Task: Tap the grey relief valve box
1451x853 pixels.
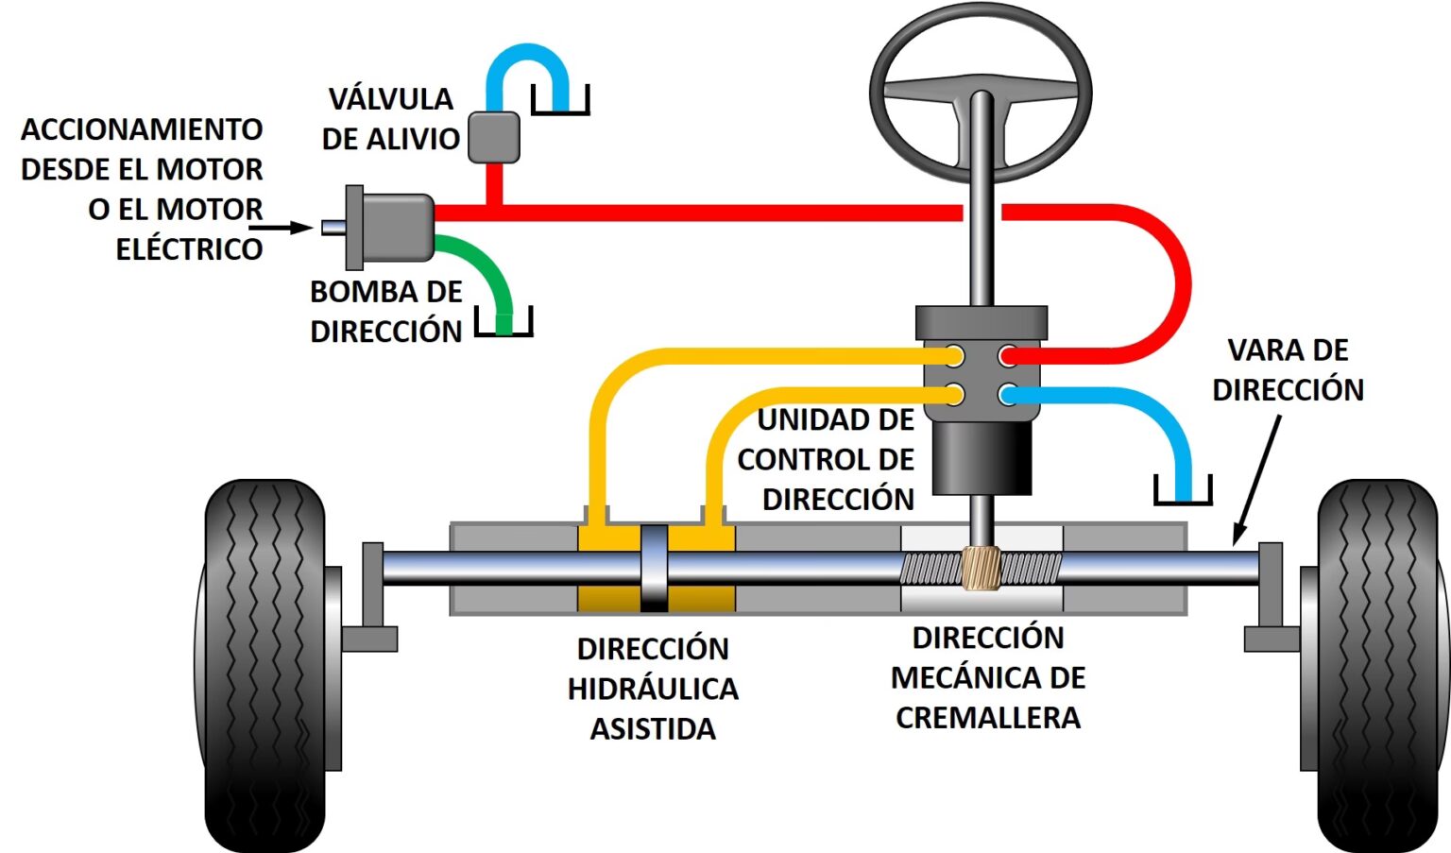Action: click(x=494, y=137)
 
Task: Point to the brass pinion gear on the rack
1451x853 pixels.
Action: click(x=982, y=568)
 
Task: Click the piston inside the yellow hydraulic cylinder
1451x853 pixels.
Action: click(x=655, y=568)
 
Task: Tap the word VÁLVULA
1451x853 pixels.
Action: click(x=390, y=99)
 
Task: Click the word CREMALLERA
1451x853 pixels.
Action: click(x=988, y=718)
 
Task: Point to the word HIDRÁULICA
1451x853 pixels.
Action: click(x=653, y=689)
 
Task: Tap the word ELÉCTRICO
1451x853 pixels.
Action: click(x=189, y=249)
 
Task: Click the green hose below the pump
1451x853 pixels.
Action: click(x=487, y=274)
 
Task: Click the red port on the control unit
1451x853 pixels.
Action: click(x=1009, y=356)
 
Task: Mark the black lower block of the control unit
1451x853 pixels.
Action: click(x=982, y=458)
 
